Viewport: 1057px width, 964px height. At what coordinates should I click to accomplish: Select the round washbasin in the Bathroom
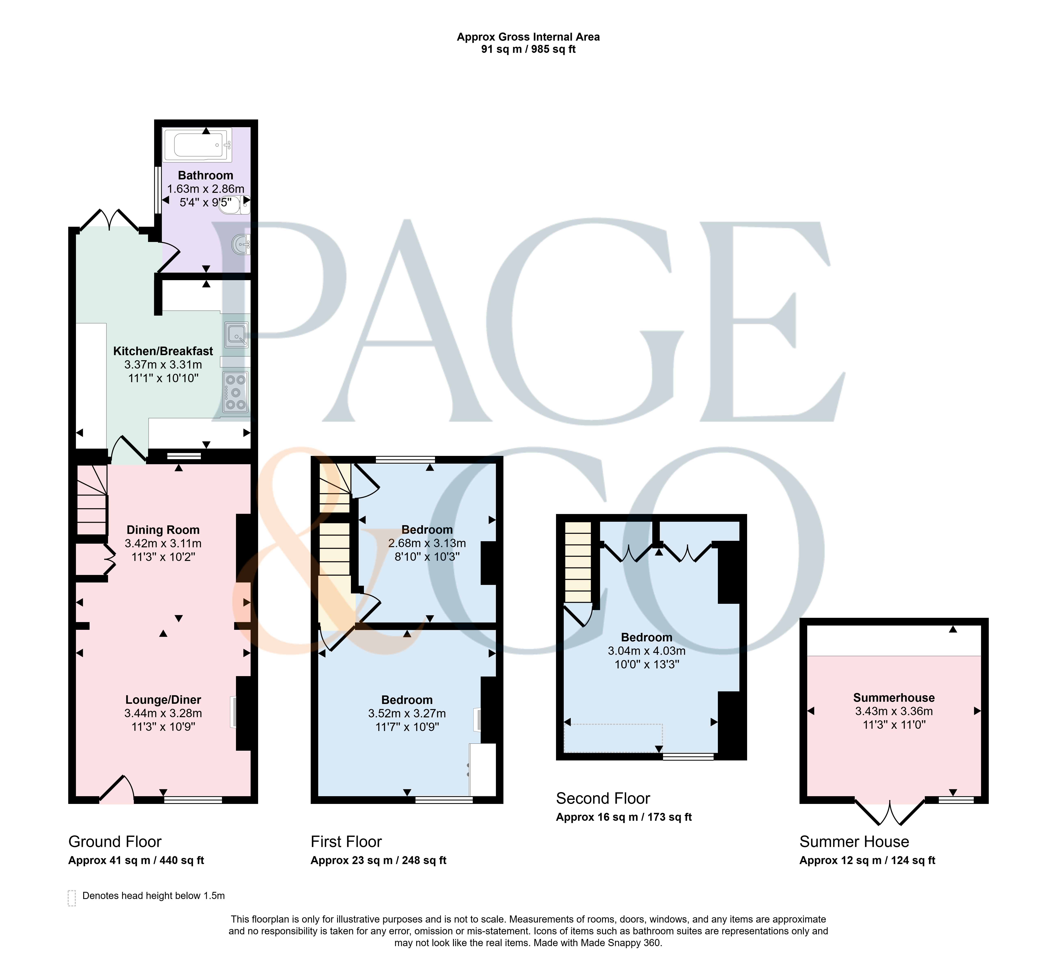coord(241,244)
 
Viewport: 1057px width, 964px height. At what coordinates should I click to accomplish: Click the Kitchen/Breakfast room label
coord(163,351)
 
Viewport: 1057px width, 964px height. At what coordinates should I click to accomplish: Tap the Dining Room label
coord(163,530)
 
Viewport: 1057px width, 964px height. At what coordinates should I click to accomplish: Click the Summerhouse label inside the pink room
coord(894,698)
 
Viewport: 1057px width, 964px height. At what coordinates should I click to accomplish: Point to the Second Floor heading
coord(603,798)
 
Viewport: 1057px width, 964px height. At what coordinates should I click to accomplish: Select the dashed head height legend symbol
coord(72,898)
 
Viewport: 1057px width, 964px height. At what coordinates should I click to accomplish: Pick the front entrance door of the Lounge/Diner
coord(116,789)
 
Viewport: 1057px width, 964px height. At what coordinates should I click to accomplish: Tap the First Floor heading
coord(346,842)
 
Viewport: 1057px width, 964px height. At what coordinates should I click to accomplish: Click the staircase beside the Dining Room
coord(92,500)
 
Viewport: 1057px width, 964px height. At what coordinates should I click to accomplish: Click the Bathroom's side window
coord(157,190)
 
